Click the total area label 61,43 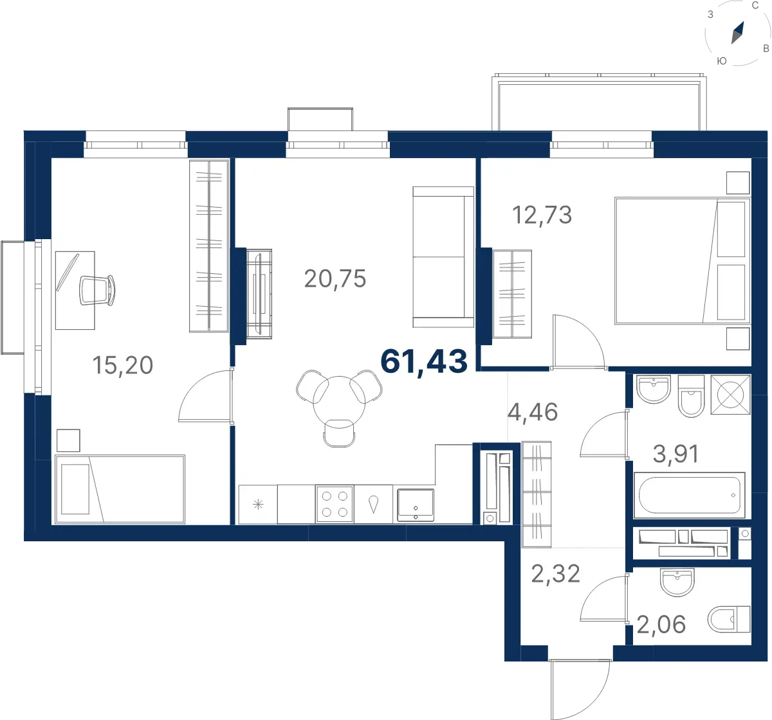424,362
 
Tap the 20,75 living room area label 335,278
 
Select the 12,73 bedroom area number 542,215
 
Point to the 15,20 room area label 122,365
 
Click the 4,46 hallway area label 533,412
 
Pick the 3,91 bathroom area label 676,453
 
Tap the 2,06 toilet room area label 661,624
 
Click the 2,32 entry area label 555,574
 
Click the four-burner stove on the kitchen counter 335,504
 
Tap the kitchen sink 415,505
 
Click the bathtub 689,495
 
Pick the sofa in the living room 443,257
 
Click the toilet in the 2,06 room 729,619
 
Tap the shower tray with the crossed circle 730,395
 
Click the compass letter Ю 722,61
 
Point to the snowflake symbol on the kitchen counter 258,505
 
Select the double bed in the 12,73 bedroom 683,261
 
